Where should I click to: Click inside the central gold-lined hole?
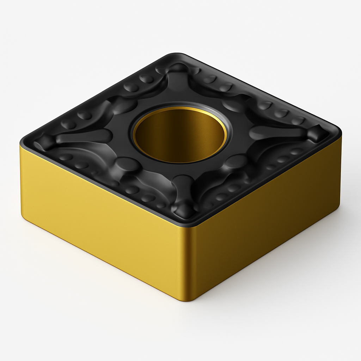[180, 136]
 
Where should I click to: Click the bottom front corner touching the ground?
[190, 300]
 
